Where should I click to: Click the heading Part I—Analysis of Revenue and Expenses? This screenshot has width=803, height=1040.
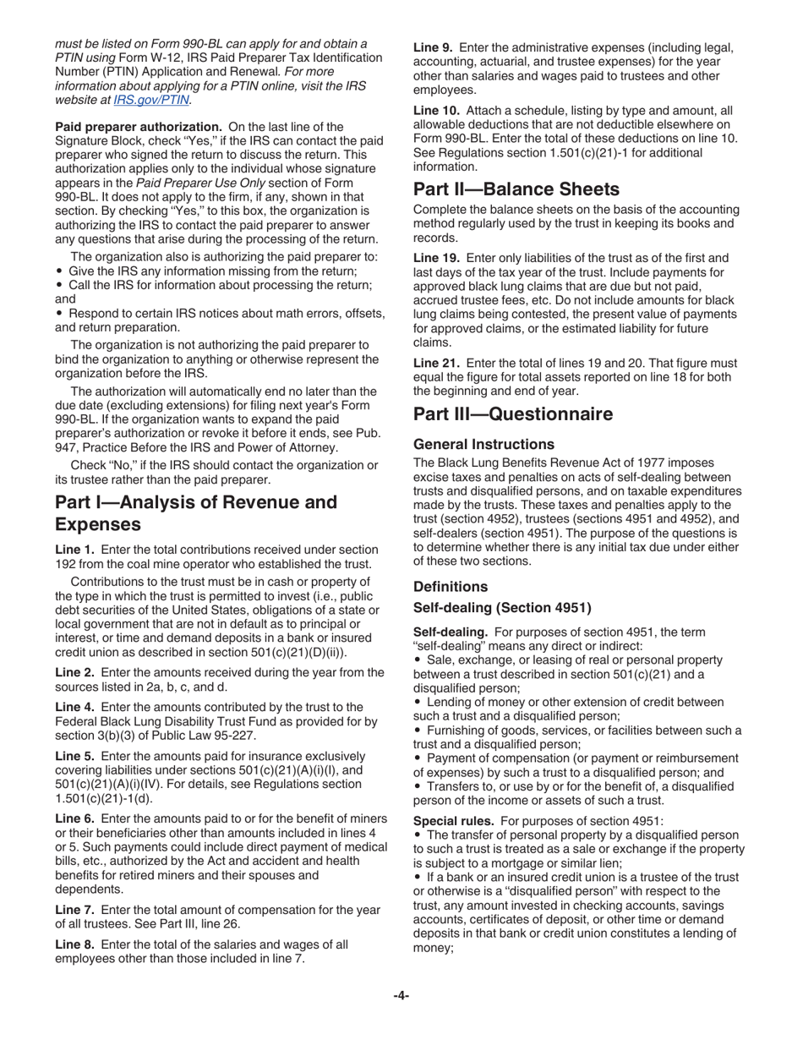(196, 513)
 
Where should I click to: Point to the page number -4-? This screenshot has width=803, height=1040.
(401, 996)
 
